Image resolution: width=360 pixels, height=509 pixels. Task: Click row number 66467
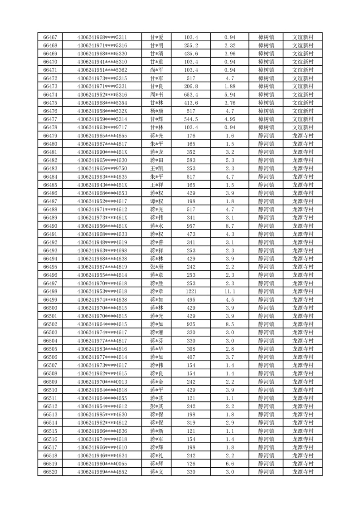(50, 37)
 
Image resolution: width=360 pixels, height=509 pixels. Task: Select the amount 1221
(191, 291)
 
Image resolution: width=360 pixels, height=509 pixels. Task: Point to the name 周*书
(156, 95)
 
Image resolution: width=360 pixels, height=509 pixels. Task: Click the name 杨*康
(156, 111)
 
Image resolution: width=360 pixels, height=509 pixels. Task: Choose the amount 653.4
(191, 95)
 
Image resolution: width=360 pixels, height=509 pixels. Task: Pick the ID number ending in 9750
(102, 168)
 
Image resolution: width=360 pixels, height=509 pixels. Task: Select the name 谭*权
(156, 201)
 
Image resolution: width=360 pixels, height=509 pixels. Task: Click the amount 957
(191, 226)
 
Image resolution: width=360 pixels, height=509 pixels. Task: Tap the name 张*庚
(156, 267)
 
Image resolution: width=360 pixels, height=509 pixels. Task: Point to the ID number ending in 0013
(102, 382)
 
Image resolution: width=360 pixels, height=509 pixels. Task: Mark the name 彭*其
(156, 406)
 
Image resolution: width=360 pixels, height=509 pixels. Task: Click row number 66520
(50, 472)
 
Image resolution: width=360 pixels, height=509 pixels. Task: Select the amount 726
(191, 464)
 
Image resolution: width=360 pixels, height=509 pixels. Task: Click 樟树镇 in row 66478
(266, 127)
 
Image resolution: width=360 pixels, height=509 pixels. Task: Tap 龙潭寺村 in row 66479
(303, 136)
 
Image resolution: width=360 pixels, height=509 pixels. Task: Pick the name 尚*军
(156, 70)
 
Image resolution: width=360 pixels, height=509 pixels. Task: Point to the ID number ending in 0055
(102, 464)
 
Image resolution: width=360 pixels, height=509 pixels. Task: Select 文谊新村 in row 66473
(303, 86)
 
